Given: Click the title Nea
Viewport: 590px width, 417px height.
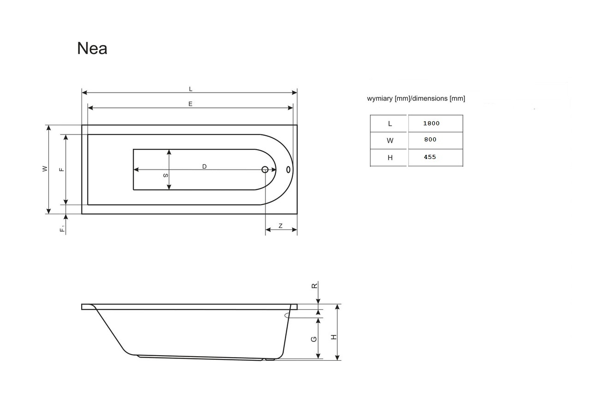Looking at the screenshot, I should (x=92, y=48).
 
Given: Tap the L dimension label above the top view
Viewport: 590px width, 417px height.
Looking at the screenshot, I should (x=190, y=89).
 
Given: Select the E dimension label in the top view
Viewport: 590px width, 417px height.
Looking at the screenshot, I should (x=190, y=104).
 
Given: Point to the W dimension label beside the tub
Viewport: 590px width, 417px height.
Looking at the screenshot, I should (x=45, y=169).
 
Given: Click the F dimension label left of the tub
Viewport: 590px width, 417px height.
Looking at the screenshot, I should (x=62, y=170).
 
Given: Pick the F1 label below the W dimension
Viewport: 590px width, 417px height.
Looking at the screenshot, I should (x=62, y=229).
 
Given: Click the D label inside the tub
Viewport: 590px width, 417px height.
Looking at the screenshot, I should (x=204, y=166).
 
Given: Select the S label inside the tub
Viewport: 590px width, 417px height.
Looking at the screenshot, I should (x=165, y=176).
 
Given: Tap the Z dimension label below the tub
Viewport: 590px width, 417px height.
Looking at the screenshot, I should (x=280, y=226).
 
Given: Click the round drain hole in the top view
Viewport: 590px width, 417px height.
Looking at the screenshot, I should (x=265, y=170).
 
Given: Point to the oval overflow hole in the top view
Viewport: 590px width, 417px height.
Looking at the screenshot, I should (x=289, y=170).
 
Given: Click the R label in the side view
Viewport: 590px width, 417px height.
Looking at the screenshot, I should (x=314, y=286).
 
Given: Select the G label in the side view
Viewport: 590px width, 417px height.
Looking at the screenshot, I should (x=314, y=339).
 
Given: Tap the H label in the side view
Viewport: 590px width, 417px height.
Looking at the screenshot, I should (x=334, y=337).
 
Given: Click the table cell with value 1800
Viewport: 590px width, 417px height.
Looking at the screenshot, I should (x=431, y=123).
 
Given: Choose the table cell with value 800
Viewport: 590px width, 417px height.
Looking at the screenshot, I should (x=430, y=140).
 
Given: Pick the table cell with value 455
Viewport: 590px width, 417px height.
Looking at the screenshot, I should (x=430, y=157).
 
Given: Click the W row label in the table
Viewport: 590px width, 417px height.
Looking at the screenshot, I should (x=390, y=141).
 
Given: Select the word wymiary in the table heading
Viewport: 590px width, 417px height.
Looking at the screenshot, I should (x=380, y=99).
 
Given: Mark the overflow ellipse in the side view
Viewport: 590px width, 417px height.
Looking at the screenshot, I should (x=288, y=316).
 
